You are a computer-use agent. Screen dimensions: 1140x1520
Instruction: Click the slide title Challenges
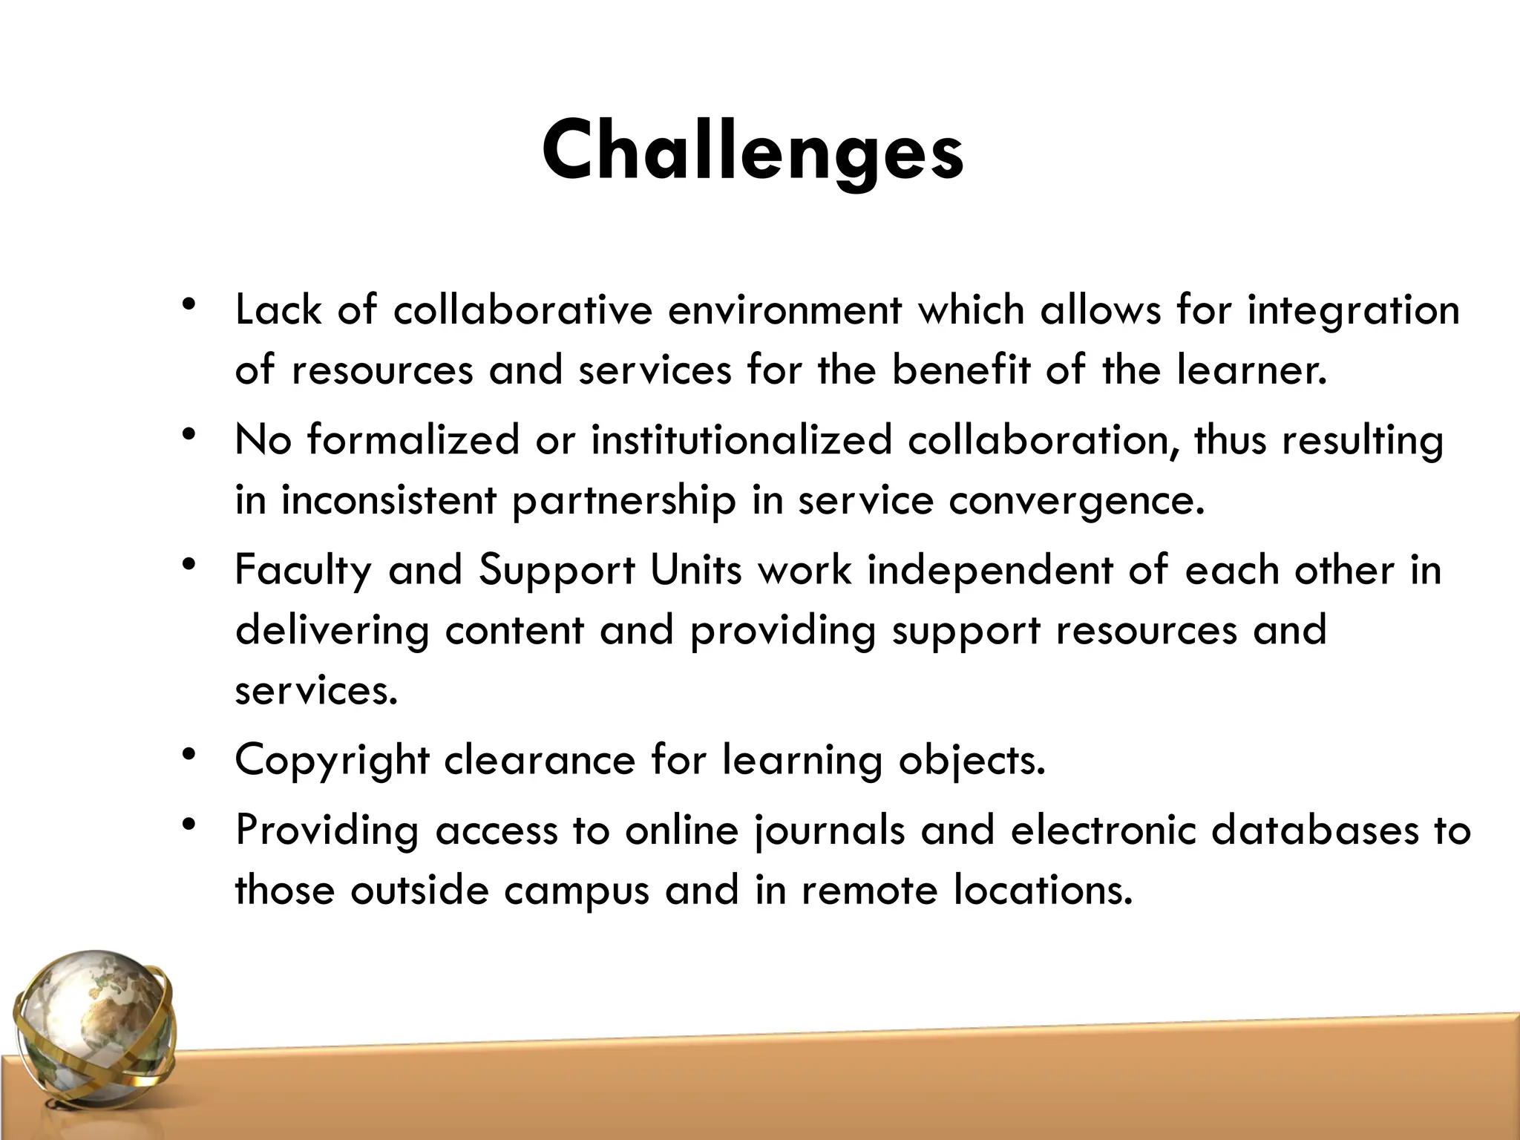coord(753,151)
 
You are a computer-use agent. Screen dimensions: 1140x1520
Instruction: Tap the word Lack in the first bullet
coord(278,309)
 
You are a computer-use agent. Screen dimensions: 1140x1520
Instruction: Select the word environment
coord(784,309)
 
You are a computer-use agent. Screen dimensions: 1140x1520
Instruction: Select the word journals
coord(830,831)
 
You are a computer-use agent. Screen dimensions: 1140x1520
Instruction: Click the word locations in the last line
coord(1043,889)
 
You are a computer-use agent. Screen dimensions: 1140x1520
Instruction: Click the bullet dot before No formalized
coord(190,434)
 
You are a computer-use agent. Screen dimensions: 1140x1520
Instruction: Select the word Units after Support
coord(695,571)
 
